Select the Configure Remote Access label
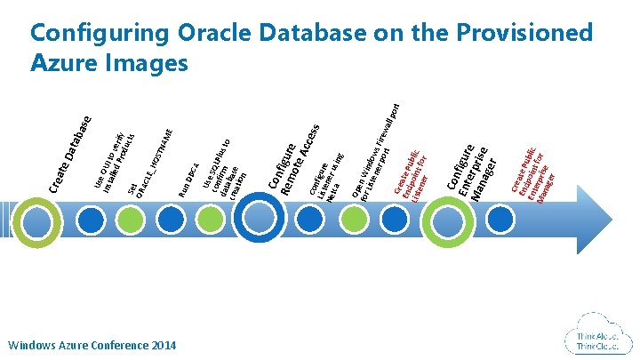point(294,156)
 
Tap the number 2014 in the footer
point(158,344)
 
